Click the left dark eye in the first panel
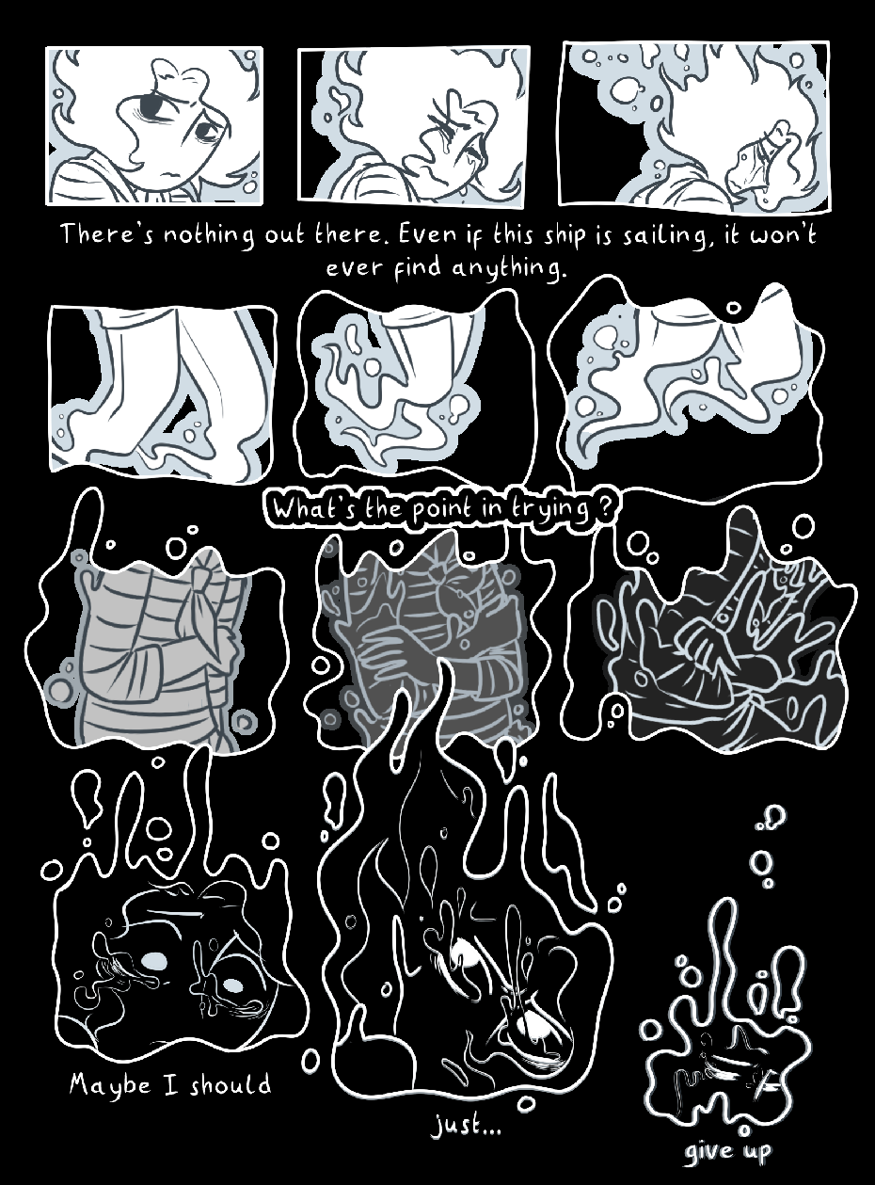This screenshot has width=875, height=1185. (151, 108)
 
